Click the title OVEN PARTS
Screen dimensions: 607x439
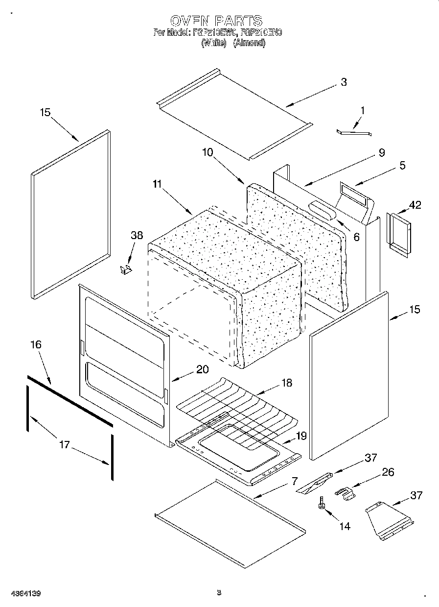pyautogui.click(x=216, y=21)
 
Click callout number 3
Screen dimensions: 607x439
pyautogui.click(x=344, y=82)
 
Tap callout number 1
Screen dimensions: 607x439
pyautogui.click(x=362, y=111)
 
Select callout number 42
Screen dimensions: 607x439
pyautogui.click(x=415, y=205)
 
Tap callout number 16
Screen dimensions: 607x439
pyautogui.click(x=36, y=345)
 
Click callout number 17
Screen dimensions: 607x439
pyautogui.click(x=64, y=445)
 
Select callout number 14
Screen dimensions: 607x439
pyautogui.click(x=345, y=526)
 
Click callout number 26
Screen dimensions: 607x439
pyautogui.click(x=388, y=472)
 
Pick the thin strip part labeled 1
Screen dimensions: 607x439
pyautogui.click(x=354, y=132)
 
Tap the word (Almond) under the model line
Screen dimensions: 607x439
pyautogui.click(x=249, y=43)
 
